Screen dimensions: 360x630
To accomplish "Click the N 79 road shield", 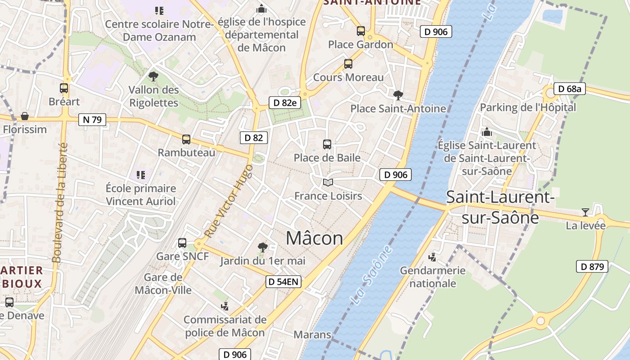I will [x=92, y=120].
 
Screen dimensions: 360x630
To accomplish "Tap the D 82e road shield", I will [x=285, y=103].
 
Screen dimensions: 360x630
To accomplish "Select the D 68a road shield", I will [x=569, y=89].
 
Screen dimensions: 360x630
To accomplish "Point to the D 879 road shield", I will [x=592, y=266].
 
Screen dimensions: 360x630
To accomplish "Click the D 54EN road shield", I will [x=283, y=282].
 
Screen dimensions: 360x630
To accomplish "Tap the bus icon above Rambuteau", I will [x=186, y=139].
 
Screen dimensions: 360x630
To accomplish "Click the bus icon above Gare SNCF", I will [x=182, y=243].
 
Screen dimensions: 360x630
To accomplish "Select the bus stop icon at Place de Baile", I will [x=327, y=144].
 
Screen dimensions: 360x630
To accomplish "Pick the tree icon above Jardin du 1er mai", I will [x=262, y=247].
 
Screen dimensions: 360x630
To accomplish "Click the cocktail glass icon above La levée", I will [x=585, y=212].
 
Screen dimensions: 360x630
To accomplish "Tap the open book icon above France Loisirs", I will [x=328, y=182].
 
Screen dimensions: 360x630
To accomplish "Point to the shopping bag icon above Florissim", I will [x=25, y=116].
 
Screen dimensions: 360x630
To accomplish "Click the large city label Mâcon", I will [x=315, y=238].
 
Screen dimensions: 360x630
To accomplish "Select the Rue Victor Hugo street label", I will [x=229, y=201].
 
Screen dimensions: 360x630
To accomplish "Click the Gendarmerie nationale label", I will [x=432, y=277].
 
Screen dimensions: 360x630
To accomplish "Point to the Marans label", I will [x=312, y=335].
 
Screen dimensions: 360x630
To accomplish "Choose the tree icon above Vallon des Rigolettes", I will [x=153, y=76].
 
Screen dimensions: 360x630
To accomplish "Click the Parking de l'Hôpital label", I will [x=528, y=108].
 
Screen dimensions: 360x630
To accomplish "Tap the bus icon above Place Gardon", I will [x=361, y=31].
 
